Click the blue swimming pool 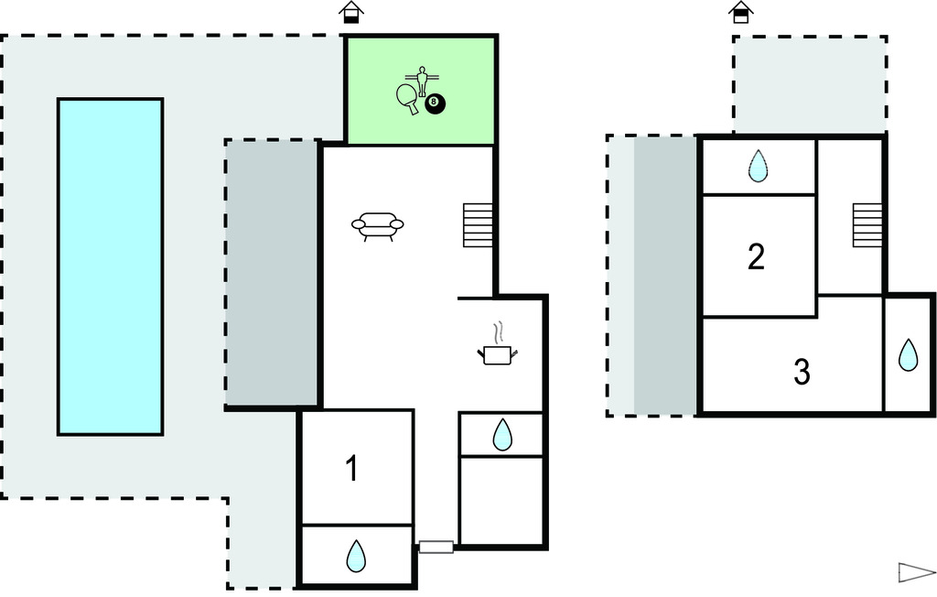point(110,266)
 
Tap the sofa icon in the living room point(377,224)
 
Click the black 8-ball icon point(435,104)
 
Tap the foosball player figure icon point(422,80)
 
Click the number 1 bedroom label point(352,469)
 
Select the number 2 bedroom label point(756,257)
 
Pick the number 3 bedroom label point(802,372)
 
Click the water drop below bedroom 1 point(356,555)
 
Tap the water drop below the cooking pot point(502,435)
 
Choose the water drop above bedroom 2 point(758,166)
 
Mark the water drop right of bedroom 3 point(908,354)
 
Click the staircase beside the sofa point(478,225)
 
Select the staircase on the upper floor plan point(867,225)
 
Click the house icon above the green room point(351,13)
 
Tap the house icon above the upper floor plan point(740,13)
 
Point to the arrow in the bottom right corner point(916,572)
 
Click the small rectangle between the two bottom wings point(436,548)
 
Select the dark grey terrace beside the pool point(272,273)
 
